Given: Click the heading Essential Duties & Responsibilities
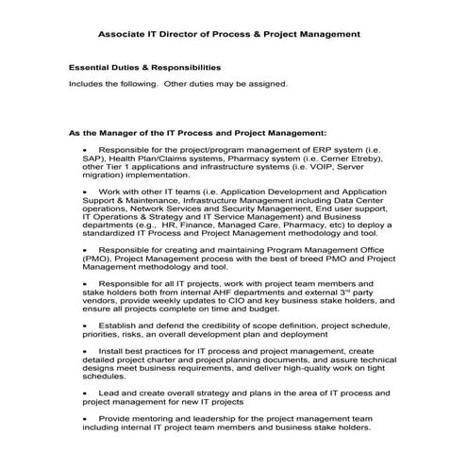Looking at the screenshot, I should point(144,68).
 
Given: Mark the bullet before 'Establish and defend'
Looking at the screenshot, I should point(86,325).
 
